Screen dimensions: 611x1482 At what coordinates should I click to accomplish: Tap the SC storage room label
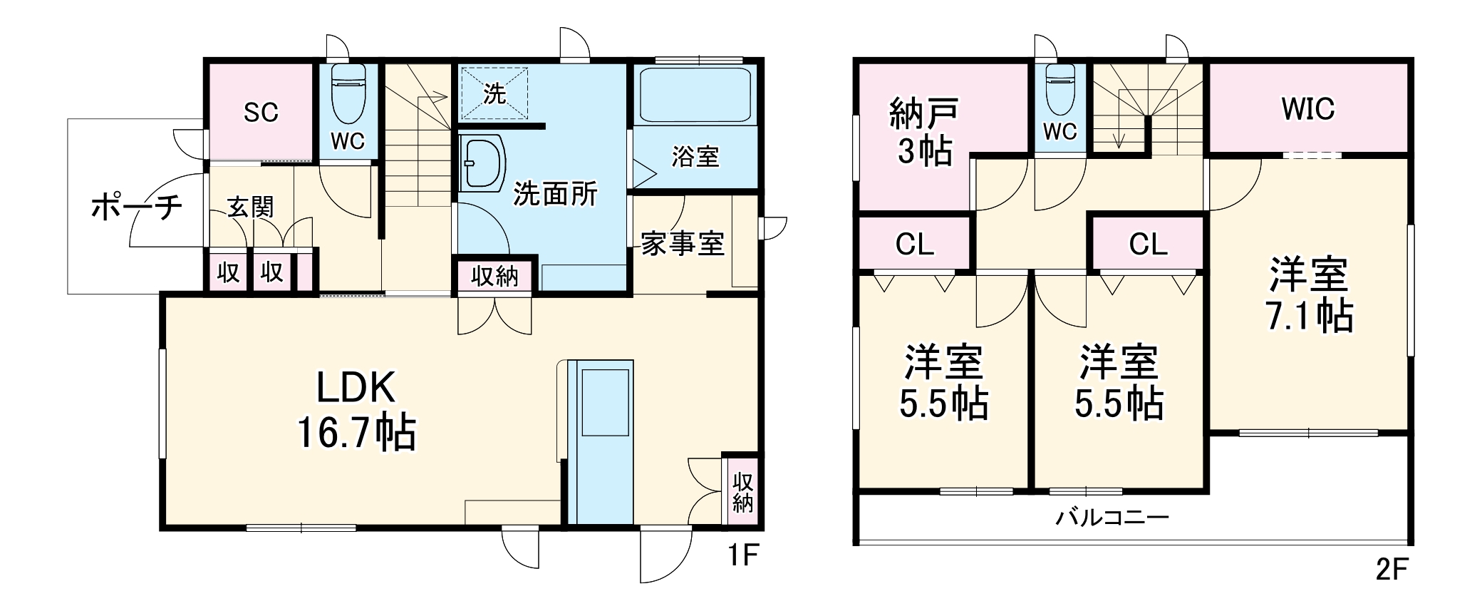pos(261,112)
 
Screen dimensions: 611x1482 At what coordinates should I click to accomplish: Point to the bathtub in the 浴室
pos(695,95)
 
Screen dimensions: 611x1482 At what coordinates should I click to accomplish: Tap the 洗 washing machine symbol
pos(494,93)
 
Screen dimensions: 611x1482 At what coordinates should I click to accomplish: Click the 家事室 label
pos(682,244)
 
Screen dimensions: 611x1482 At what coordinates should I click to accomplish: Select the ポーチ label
pos(137,207)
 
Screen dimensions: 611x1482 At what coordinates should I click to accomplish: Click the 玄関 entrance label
pos(250,207)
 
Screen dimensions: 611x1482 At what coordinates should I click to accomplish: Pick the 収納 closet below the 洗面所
pos(494,275)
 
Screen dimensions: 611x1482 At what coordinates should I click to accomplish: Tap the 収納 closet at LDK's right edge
pos(742,492)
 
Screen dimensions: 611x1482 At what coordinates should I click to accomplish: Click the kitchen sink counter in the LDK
pos(605,442)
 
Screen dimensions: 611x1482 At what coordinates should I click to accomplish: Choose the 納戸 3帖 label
pos(924,133)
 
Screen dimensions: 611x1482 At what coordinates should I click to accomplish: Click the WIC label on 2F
pos(1307,109)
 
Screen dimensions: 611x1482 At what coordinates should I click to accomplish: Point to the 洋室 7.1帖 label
pos(1309,295)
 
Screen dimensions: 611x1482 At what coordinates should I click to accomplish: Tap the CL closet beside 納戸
pos(914,245)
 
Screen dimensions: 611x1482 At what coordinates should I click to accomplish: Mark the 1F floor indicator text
pos(742,555)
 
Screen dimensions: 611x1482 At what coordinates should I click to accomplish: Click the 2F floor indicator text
pos(1392,569)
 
